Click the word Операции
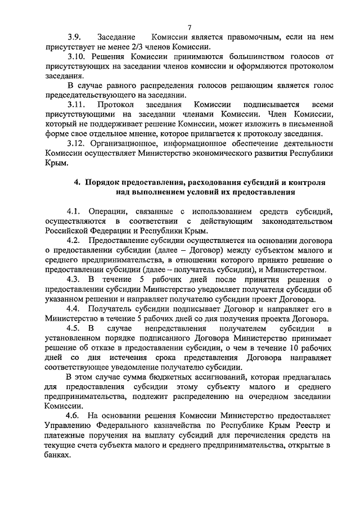pyautogui.click(x=106, y=211)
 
